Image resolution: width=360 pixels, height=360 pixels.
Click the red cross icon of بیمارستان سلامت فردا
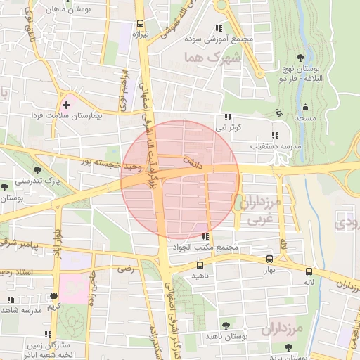click(x=67, y=104)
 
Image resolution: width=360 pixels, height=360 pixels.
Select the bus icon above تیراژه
click(x=141, y=22)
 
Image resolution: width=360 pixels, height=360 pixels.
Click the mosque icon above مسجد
click(x=305, y=108)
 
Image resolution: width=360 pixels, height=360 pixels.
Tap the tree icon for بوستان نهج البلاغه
click(x=301, y=58)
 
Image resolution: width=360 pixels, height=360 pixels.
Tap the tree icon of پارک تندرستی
click(x=37, y=170)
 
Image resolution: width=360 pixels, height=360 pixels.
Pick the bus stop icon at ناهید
click(x=200, y=266)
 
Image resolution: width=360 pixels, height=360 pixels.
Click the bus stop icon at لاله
click(x=309, y=271)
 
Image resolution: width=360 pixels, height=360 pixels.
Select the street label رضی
click(x=126, y=269)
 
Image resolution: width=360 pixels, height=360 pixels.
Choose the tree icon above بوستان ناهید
click(x=225, y=325)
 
